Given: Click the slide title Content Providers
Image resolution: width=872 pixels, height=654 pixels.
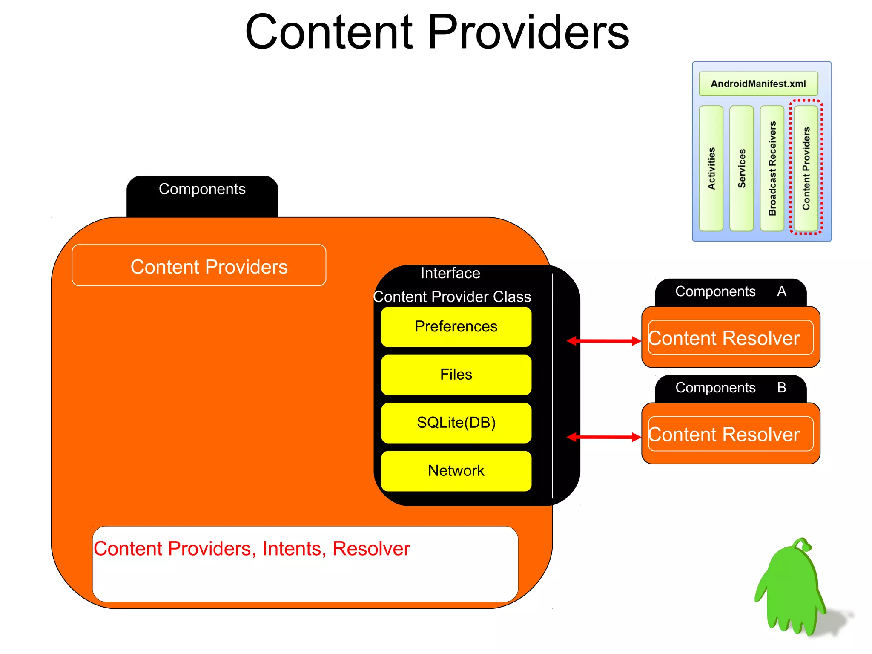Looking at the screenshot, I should click(x=437, y=32).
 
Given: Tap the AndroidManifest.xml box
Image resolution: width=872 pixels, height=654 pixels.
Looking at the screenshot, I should click(x=758, y=84).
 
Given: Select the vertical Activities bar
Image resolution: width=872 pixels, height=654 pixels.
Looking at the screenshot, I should click(x=711, y=168).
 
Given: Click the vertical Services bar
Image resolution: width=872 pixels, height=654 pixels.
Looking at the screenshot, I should click(x=741, y=168).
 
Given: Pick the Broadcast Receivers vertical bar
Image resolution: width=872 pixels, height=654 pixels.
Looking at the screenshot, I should click(x=772, y=168).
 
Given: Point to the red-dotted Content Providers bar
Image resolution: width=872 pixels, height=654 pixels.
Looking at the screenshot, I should click(x=806, y=168).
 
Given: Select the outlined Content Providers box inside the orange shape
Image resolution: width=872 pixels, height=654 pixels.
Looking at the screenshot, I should click(x=199, y=265).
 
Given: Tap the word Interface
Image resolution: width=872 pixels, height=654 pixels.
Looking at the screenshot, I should click(x=450, y=273).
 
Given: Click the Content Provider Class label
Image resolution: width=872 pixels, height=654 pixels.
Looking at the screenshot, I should click(x=452, y=297).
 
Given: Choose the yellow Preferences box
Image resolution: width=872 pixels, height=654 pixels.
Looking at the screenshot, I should click(x=456, y=326).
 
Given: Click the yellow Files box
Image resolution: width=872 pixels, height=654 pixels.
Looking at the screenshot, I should click(x=456, y=375).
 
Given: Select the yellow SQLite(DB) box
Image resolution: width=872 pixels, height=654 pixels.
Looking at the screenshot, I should click(x=456, y=423).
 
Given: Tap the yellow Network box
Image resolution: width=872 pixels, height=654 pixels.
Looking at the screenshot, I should click(x=456, y=471).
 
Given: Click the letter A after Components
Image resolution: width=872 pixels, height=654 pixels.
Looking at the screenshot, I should click(x=781, y=291).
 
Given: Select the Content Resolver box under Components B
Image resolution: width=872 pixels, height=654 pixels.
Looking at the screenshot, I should click(x=730, y=434).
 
